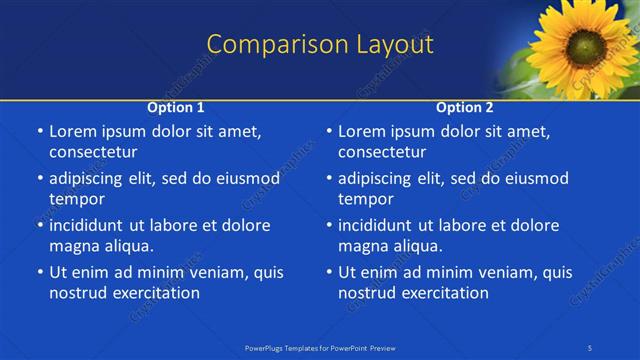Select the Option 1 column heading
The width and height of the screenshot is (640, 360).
click(x=176, y=107)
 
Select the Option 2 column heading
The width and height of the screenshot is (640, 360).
click(x=465, y=107)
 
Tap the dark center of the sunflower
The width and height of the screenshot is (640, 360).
click(x=581, y=46)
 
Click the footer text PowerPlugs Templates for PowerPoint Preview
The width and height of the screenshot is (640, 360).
click(x=319, y=347)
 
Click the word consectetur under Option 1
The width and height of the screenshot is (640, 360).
click(x=93, y=152)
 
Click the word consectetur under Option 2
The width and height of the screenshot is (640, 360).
click(x=382, y=152)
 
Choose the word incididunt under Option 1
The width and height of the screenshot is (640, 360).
click(x=87, y=225)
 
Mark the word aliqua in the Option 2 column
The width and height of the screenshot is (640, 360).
click(x=417, y=246)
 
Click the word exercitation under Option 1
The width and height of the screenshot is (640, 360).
click(x=154, y=293)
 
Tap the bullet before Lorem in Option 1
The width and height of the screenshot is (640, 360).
click(x=40, y=132)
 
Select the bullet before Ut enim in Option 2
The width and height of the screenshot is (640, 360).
click(x=329, y=272)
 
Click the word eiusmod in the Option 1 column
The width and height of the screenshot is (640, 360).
click(x=245, y=178)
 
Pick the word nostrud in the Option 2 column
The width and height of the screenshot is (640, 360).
click(x=368, y=293)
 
